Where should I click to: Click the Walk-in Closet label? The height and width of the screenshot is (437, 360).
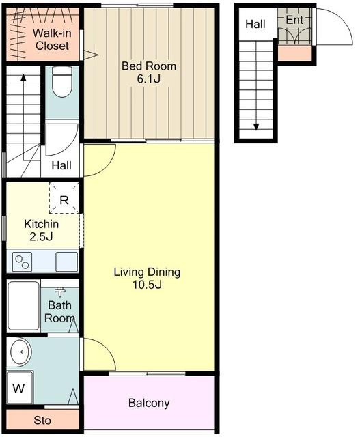point(52,40)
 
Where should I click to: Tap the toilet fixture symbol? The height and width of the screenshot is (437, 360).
point(62,82)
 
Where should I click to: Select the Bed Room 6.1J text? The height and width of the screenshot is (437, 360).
point(149,72)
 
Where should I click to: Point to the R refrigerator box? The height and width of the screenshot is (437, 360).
point(64,198)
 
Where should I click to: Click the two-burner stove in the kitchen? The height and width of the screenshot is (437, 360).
point(23,262)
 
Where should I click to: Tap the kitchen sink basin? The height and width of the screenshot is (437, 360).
point(66,262)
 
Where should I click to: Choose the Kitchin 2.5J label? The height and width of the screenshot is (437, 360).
point(41,230)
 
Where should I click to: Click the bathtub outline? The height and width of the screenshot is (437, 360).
point(24,306)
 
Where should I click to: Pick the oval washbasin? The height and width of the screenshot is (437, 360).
point(20,352)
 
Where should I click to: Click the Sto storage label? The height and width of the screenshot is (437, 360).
point(42,421)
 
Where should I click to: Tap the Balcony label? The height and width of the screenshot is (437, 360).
point(149,403)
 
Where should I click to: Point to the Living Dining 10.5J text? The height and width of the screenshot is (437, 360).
point(147,278)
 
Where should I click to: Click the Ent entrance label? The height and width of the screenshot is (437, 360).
point(294,20)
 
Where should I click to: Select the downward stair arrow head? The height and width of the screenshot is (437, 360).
point(256,127)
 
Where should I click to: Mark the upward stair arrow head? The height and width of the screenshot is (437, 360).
point(23,77)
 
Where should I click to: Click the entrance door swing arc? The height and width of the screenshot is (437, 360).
point(343,20)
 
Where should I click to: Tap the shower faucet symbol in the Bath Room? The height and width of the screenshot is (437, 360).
point(60,292)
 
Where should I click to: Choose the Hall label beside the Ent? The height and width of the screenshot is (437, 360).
point(255,24)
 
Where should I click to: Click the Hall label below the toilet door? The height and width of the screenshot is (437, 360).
point(61,165)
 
